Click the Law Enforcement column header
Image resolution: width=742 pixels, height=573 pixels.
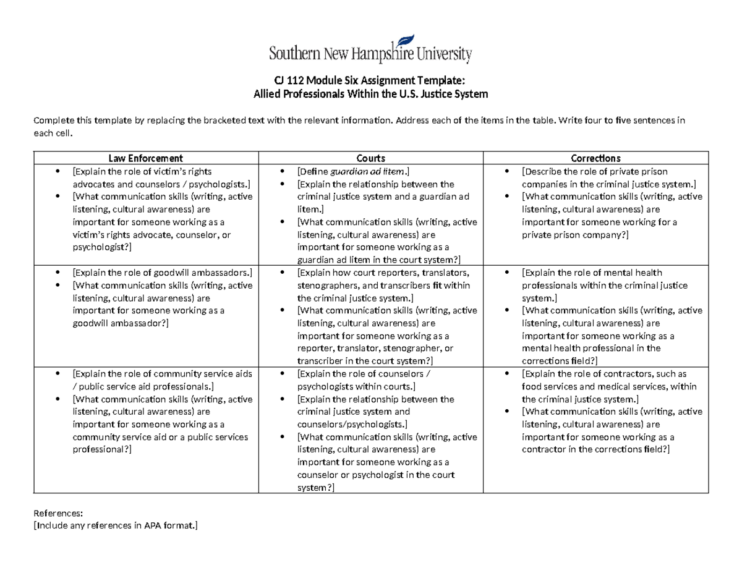[146, 158]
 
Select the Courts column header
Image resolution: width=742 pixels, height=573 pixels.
[370, 158]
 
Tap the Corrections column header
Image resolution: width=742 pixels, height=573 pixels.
[595, 158]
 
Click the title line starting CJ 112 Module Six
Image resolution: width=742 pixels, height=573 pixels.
[371, 82]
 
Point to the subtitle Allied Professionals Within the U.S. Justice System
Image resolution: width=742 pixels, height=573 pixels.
[371, 94]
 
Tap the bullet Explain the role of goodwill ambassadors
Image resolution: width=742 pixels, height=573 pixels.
[162, 273]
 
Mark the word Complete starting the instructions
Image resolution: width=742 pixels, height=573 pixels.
[53, 120]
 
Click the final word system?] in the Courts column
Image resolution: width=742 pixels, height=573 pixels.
[315, 488]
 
